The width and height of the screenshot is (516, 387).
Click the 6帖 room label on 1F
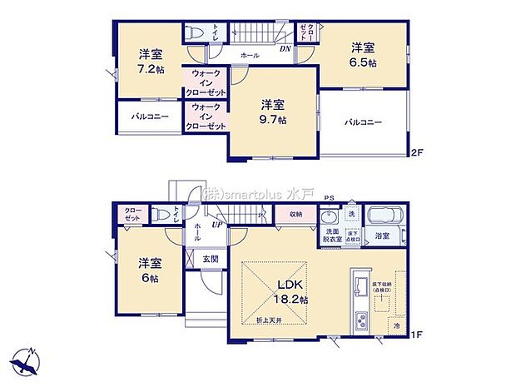coord(151,270)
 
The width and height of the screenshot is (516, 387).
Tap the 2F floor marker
coord(417,152)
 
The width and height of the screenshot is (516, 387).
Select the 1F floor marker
coord(417,335)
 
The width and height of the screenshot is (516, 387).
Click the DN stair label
coord(285,48)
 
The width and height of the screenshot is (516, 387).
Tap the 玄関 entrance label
coord(211,260)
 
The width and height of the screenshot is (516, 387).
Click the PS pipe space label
coord(329,199)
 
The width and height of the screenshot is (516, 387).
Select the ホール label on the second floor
coord(249,55)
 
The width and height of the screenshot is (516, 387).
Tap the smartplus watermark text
coord(258,191)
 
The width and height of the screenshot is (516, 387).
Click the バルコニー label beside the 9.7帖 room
coord(364,122)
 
